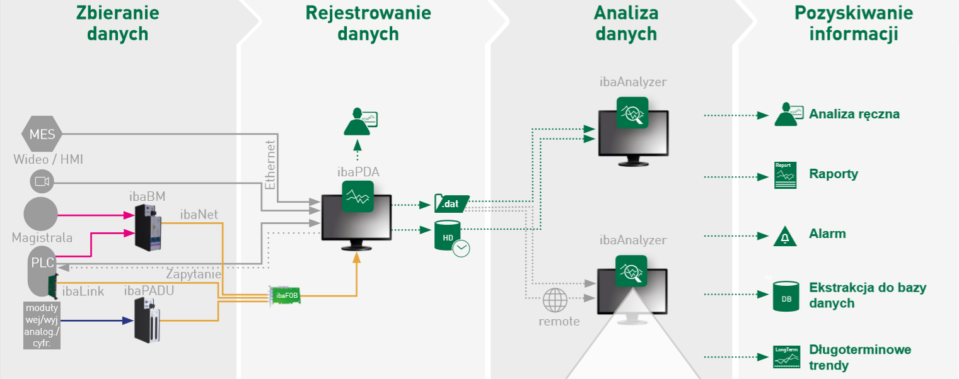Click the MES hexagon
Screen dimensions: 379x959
[42, 133]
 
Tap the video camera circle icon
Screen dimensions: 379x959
[42, 182]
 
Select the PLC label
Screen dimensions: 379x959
[43, 263]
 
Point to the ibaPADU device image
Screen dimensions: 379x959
[149, 320]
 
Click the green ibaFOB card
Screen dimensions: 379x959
[285, 295]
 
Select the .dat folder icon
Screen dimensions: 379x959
[451, 204]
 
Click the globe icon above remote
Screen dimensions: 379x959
[555, 299]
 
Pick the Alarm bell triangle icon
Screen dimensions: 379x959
[785, 236]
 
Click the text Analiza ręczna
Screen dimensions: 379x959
[854, 115]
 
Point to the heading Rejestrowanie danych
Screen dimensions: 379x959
[368, 23]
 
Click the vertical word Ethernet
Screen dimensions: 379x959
[270, 165]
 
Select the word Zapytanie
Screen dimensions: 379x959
[193, 274]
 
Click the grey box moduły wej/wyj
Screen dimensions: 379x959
[42, 325]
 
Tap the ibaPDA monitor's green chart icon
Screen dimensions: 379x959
[357, 197]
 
